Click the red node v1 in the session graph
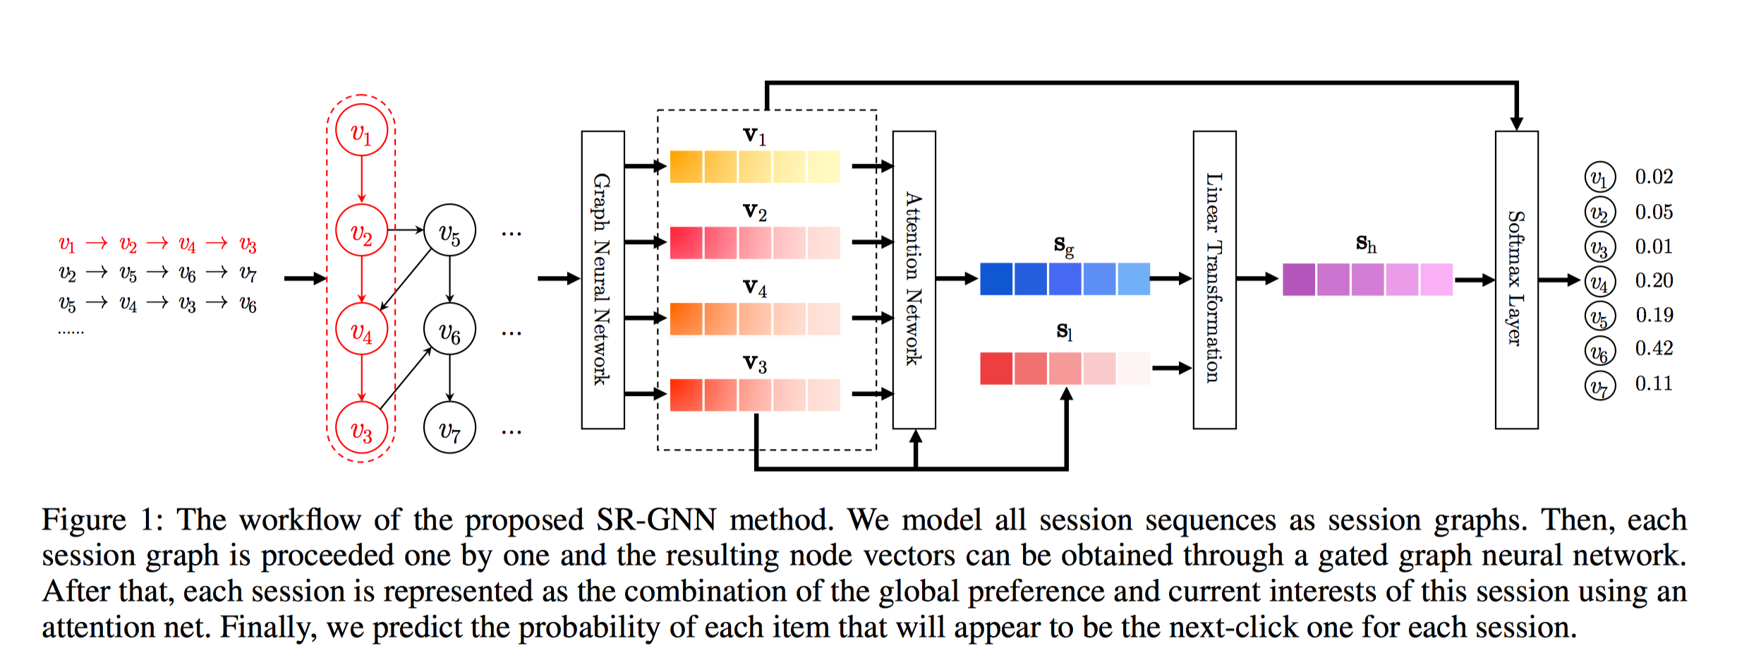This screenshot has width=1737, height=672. pos(361,131)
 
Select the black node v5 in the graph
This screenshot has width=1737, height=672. pos(449,231)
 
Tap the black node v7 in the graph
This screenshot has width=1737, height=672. pos(449,428)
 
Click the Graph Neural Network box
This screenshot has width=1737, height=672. pos(603,280)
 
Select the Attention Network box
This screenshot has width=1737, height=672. pos(914,280)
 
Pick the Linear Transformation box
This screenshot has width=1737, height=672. pos(1214,280)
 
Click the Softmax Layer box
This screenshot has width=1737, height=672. pos(1516,280)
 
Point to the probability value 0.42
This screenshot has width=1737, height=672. pos(1654,348)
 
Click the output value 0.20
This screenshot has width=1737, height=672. pos(1654,280)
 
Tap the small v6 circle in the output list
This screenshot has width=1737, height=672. pos(1599,351)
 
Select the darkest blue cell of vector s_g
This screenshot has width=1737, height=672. pos(996,279)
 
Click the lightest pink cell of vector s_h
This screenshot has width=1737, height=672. pos(1436,279)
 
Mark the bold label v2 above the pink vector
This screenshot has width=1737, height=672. pos(754,211)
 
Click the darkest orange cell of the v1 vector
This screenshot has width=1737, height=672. pos(686,167)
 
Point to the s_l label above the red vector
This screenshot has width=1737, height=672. pos(1064,330)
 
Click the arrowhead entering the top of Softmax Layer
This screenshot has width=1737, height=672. pos(1516,124)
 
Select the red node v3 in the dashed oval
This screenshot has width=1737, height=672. pos(361,428)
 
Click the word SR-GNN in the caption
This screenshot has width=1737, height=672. pos(655,520)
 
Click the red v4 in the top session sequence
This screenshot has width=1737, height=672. pos(187,244)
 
